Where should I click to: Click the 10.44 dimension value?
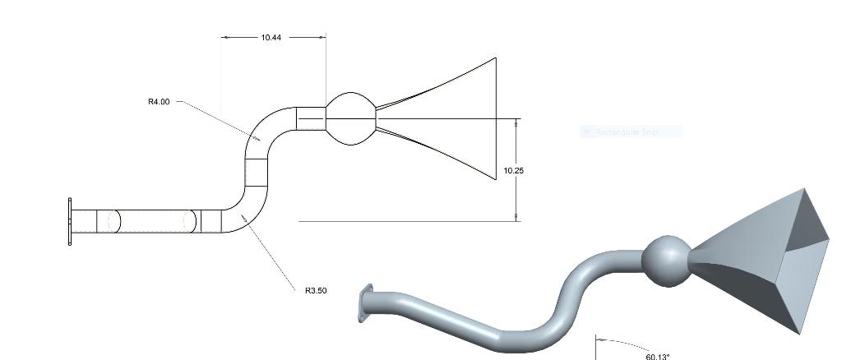pyautogui.click(x=271, y=38)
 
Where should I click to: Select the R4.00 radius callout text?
pyautogui.click(x=159, y=102)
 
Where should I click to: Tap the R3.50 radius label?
pyautogui.click(x=316, y=290)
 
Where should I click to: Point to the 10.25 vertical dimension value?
pyautogui.click(x=513, y=171)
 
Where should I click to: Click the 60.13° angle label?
pyautogui.click(x=658, y=356)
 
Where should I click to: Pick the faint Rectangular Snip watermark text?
pyautogui.click(x=631, y=132)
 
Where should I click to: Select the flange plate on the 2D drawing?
pyautogui.click(x=71, y=221)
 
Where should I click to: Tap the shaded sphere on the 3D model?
pyautogui.click(x=665, y=261)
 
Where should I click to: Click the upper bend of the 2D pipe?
pyautogui.click(x=262, y=132)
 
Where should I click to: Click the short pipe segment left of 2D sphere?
pyautogui.click(x=311, y=119)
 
